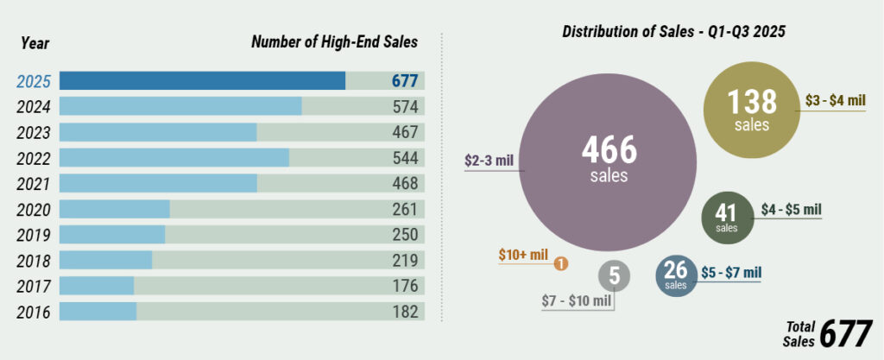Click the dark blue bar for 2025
pyautogui.click(x=202, y=81)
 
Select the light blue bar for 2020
pyautogui.click(x=114, y=209)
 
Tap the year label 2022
pyautogui.click(x=34, y=159)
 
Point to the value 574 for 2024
pyautogui.click(x=404, y=107)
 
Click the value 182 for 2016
pyautogui.click(x=404, y=312)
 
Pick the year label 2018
pyautogui.click(x=34, y=261)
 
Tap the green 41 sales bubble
pyautogui.click(x=727, y=216)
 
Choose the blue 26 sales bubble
pyautogui.click(x=676, y=275)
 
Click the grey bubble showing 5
pyautogui.click(x=615, y=276)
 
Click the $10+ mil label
pyautogui.click(x=523, y=255)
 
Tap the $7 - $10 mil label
pyautogui.click(x=577, y=301)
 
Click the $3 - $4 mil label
pyautogui.click(x=835, y=101)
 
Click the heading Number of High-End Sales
pyautogui.click(x=334, y=41)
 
